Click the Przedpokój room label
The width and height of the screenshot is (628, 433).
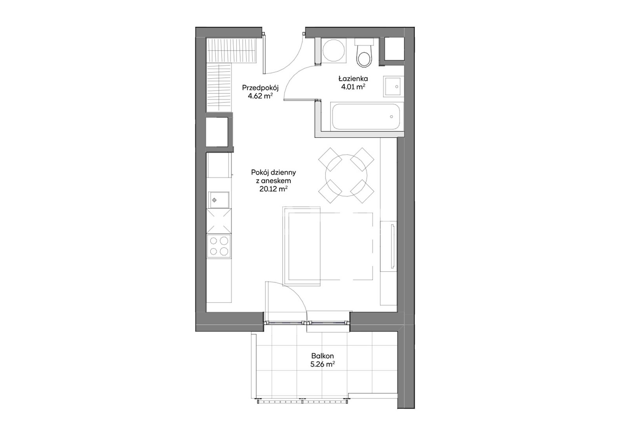tap(260, 88)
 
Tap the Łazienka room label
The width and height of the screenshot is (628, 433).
tap(353, 79)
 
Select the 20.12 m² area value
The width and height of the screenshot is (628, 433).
tap(273, 189)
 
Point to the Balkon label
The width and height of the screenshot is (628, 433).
tap(322, 356)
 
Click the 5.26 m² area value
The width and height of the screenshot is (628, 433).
tap(323, 365)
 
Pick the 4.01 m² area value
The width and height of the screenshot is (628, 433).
tap(353, 87)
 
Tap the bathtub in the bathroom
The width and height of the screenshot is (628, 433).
tap(367, 117)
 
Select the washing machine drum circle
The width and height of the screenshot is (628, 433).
tap(334, 50)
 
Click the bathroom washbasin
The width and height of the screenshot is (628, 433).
tap(393, 86)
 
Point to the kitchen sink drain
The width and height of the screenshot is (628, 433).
tap(214, 200)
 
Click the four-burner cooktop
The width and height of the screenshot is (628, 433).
tap(219, 246)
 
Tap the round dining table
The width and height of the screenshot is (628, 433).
tap(346, 175)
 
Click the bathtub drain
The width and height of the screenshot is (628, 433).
tap(391, 117)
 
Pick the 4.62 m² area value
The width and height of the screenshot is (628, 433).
tap(260, 97)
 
